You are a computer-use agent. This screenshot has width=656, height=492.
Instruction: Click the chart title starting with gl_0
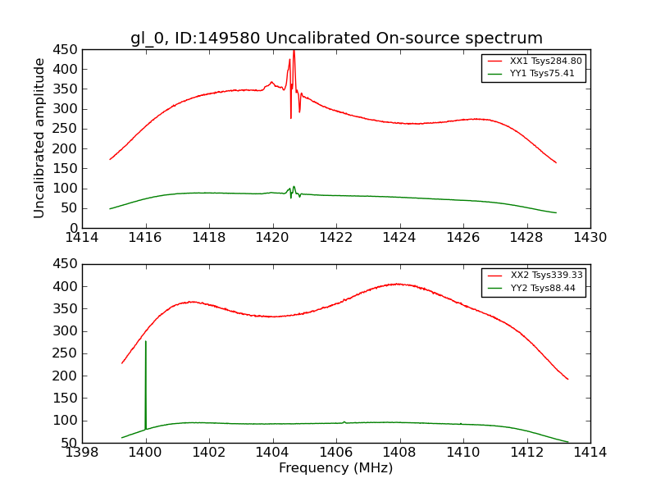(336, 39)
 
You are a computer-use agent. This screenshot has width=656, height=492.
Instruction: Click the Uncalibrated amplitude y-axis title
(39, 138)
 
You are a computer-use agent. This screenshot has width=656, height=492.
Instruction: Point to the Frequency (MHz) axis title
(335, 468)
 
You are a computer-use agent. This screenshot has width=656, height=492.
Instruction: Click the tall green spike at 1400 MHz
(146, 361)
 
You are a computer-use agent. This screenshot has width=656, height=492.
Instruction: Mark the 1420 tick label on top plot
(272, 238)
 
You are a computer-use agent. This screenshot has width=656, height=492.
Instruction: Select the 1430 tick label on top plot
(590, 238)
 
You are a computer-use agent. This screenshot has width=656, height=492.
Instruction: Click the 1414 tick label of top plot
(82, 238)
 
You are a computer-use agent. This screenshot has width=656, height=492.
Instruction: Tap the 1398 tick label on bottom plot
(82, 453)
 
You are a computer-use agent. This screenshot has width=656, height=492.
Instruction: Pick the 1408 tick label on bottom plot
(399, 453)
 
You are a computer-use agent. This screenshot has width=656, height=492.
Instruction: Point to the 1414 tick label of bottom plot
(590, 453)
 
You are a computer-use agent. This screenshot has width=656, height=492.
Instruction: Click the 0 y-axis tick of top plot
(72, 228)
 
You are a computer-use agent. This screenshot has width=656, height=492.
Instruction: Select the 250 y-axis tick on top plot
(66, 129)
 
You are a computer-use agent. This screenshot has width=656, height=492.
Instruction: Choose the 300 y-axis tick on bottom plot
(66, 331)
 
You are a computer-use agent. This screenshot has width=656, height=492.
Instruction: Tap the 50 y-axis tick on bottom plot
(69, 443)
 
